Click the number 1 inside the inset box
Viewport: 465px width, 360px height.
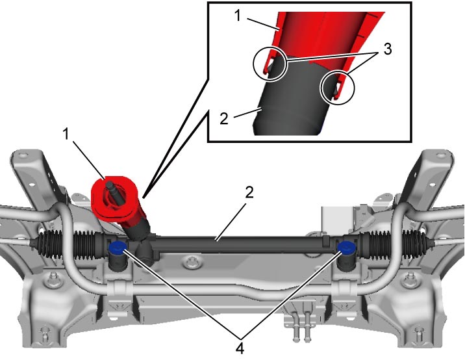click(237, 16)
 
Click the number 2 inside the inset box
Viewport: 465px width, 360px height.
click(224, 119)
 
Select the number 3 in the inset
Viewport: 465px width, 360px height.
click(387, 49)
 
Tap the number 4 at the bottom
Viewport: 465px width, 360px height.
click(240, 348)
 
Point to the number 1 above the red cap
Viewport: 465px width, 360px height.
click(66, 134)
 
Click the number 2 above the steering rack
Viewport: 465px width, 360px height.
click(249, 192)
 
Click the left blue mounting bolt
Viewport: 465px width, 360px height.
click(117, 248)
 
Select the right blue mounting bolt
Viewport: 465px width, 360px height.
click(346, 248)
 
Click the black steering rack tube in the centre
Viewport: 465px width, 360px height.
click(237, 244)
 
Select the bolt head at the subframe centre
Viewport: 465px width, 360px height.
click(192, 263)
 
